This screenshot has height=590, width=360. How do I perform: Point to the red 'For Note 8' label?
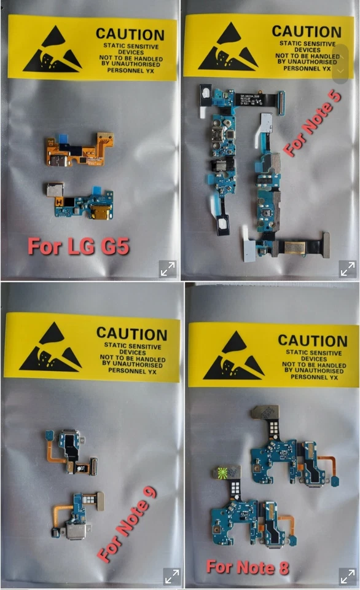[248, 567]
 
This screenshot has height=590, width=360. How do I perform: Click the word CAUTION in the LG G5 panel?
[130, 34]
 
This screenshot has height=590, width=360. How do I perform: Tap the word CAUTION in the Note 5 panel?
[305, 30]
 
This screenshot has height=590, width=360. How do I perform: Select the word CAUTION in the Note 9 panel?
[131, 334]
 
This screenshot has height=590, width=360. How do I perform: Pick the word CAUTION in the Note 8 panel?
[312, 340]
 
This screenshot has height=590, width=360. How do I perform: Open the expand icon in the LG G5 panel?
[168, 269]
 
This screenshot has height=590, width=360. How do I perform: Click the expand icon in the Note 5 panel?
[348, 269]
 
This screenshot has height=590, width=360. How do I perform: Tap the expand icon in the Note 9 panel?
[172, 576]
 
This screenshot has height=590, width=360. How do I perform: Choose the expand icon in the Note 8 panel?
[348, 576]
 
